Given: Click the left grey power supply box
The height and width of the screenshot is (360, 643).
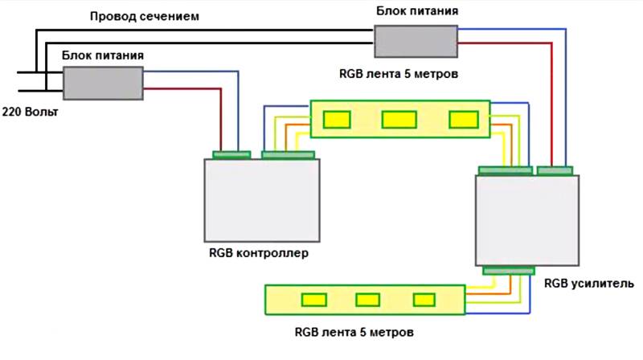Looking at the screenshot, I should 104,81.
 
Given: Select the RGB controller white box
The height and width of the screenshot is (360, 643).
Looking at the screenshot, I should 261,198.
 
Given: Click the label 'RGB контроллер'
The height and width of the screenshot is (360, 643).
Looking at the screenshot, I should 259,253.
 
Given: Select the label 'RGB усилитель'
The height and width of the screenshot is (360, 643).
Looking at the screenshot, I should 589,284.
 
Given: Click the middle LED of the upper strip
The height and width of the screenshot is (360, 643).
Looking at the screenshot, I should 399,119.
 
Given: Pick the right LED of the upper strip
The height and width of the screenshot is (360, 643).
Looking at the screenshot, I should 462,119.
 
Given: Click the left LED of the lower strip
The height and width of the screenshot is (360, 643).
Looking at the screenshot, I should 313,300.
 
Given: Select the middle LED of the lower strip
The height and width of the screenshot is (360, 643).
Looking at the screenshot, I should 368,300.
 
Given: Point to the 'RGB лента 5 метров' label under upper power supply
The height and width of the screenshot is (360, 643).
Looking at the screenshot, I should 399,74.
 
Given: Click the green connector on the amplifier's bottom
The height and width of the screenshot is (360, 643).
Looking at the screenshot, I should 508,270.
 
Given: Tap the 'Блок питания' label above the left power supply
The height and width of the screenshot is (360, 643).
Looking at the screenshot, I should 103,55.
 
